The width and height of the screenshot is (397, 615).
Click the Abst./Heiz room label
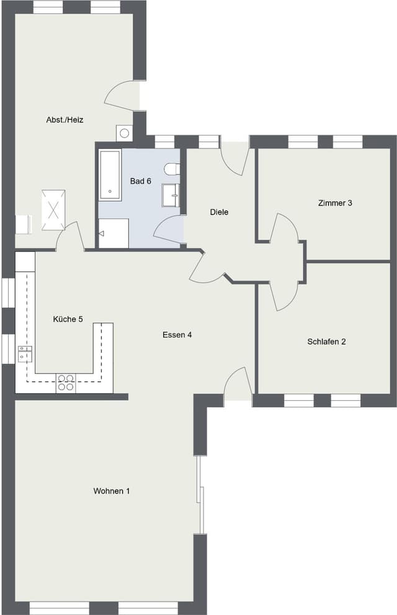click(x=65, y=120)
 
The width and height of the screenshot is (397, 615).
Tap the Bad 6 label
click(x=141, y=181)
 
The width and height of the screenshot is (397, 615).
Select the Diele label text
click(x=219, y=212)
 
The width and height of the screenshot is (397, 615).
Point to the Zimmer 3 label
click(x=335, y=203)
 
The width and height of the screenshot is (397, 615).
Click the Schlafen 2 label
click(x=326, y=341)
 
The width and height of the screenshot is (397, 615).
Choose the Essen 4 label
click(x=177, y=335)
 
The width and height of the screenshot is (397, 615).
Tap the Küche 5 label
click(x=68, y=319)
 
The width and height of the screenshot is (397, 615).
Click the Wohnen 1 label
click(x=111, y=491)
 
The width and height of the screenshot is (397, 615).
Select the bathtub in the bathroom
click(x=110, y=175)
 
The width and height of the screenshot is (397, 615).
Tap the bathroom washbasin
click(x=171, y=195)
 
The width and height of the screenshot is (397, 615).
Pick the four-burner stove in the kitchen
click(x=66, y=383)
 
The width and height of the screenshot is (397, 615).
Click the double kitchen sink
click(x=25, y=353)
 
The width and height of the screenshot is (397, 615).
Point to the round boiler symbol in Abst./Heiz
click(x=125, y=133)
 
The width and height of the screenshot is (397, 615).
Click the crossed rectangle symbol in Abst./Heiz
click(x=53, y=210)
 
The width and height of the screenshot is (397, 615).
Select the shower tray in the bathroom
click(x=114, y=234)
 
